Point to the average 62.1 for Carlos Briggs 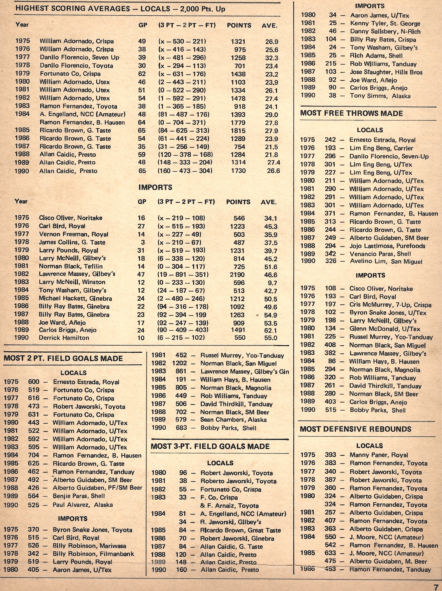pyautogui.click(x=271, y=331)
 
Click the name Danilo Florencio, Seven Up pyautogui.click(x=79, y=57)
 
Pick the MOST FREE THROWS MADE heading pyautogui.click(x=351, y=113)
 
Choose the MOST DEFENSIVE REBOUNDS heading pyautogui.click(x=355, y=429)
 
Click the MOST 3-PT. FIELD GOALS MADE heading pyautogui.click(x=210, y=446)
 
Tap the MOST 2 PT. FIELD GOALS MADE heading pyautogui.click(x=63, y=358)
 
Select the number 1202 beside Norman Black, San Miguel pyautogui.click(x=179, y=363)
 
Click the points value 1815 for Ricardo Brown pyautogui.click(x=238, y=131)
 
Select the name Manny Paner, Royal pyautogui.click(x=379, y=455)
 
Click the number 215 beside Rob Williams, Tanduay pyautogui.click(x=331, y=64)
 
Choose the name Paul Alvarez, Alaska pyautogui.click(x=83, y=505)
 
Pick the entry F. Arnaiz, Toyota pyautogui.click(x=229, y=506)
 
